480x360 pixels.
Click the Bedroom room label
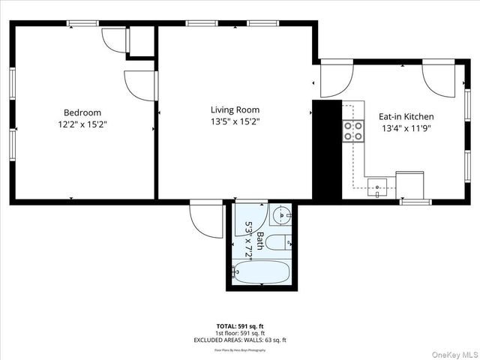click(82, 112)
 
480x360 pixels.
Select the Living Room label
click(235, 109)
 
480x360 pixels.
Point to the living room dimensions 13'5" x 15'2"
click(235, 121)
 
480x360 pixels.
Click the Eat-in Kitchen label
click(406, 116)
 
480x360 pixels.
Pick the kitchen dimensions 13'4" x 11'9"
click(406, 127)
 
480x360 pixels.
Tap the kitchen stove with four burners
click(353, 132)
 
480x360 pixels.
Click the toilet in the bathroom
click(280, 242)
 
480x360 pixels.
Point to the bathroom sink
click(280, 217)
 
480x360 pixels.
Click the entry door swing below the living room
click(205, 220)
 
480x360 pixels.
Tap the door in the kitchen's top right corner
click(439, 77)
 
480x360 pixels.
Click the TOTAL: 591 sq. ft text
click(240, 326)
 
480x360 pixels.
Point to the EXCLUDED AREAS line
click(240, 340)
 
